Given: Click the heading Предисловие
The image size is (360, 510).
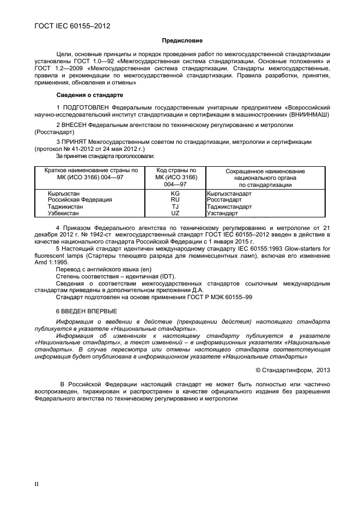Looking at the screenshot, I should pyautogui.click(x=182, y=41).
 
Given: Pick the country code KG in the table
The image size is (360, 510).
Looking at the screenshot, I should pyautogui.click(x=175, y=193).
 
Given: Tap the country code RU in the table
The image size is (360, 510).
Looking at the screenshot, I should pyautogui.click(x=175, y=200).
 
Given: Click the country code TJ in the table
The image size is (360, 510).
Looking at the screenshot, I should pyautogui.click(x=175, y=207).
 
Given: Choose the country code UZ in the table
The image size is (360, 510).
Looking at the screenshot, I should pyautogui.click(x=175, y=214).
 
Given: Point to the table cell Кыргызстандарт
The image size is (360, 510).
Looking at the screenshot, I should pyautogui.click(x=229, y=193).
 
